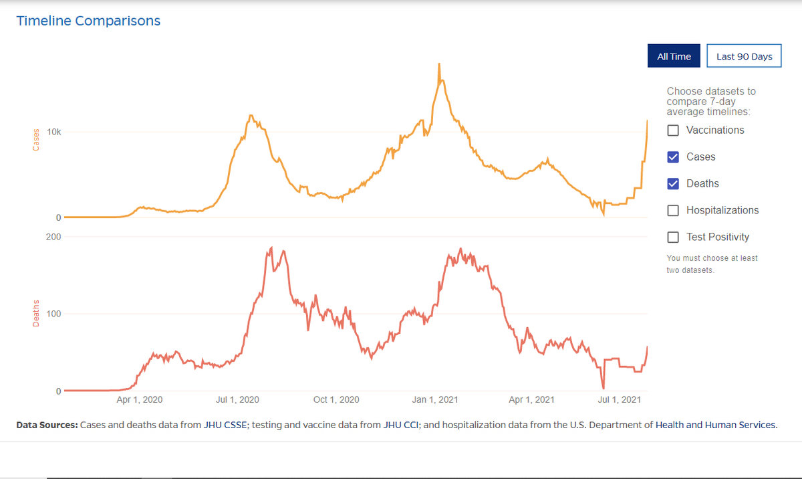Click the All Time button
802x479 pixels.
674,56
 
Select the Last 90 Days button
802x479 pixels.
744,56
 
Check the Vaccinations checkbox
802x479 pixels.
673,130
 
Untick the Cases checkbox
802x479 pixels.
673,157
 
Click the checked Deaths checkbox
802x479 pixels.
673,184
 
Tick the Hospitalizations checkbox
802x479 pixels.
673,211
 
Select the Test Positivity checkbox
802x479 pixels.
673,237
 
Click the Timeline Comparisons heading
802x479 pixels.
88,21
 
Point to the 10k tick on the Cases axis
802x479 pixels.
53,132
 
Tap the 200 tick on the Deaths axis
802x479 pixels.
53,237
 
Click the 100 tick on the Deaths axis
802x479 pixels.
53,314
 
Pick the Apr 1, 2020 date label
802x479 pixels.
140,400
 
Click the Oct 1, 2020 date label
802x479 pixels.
336,400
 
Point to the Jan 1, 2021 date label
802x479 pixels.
434,400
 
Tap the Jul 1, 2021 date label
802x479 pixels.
619,400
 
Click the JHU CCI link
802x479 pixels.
400,425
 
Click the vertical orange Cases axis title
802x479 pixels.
36,138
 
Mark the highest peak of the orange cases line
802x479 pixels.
438,64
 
